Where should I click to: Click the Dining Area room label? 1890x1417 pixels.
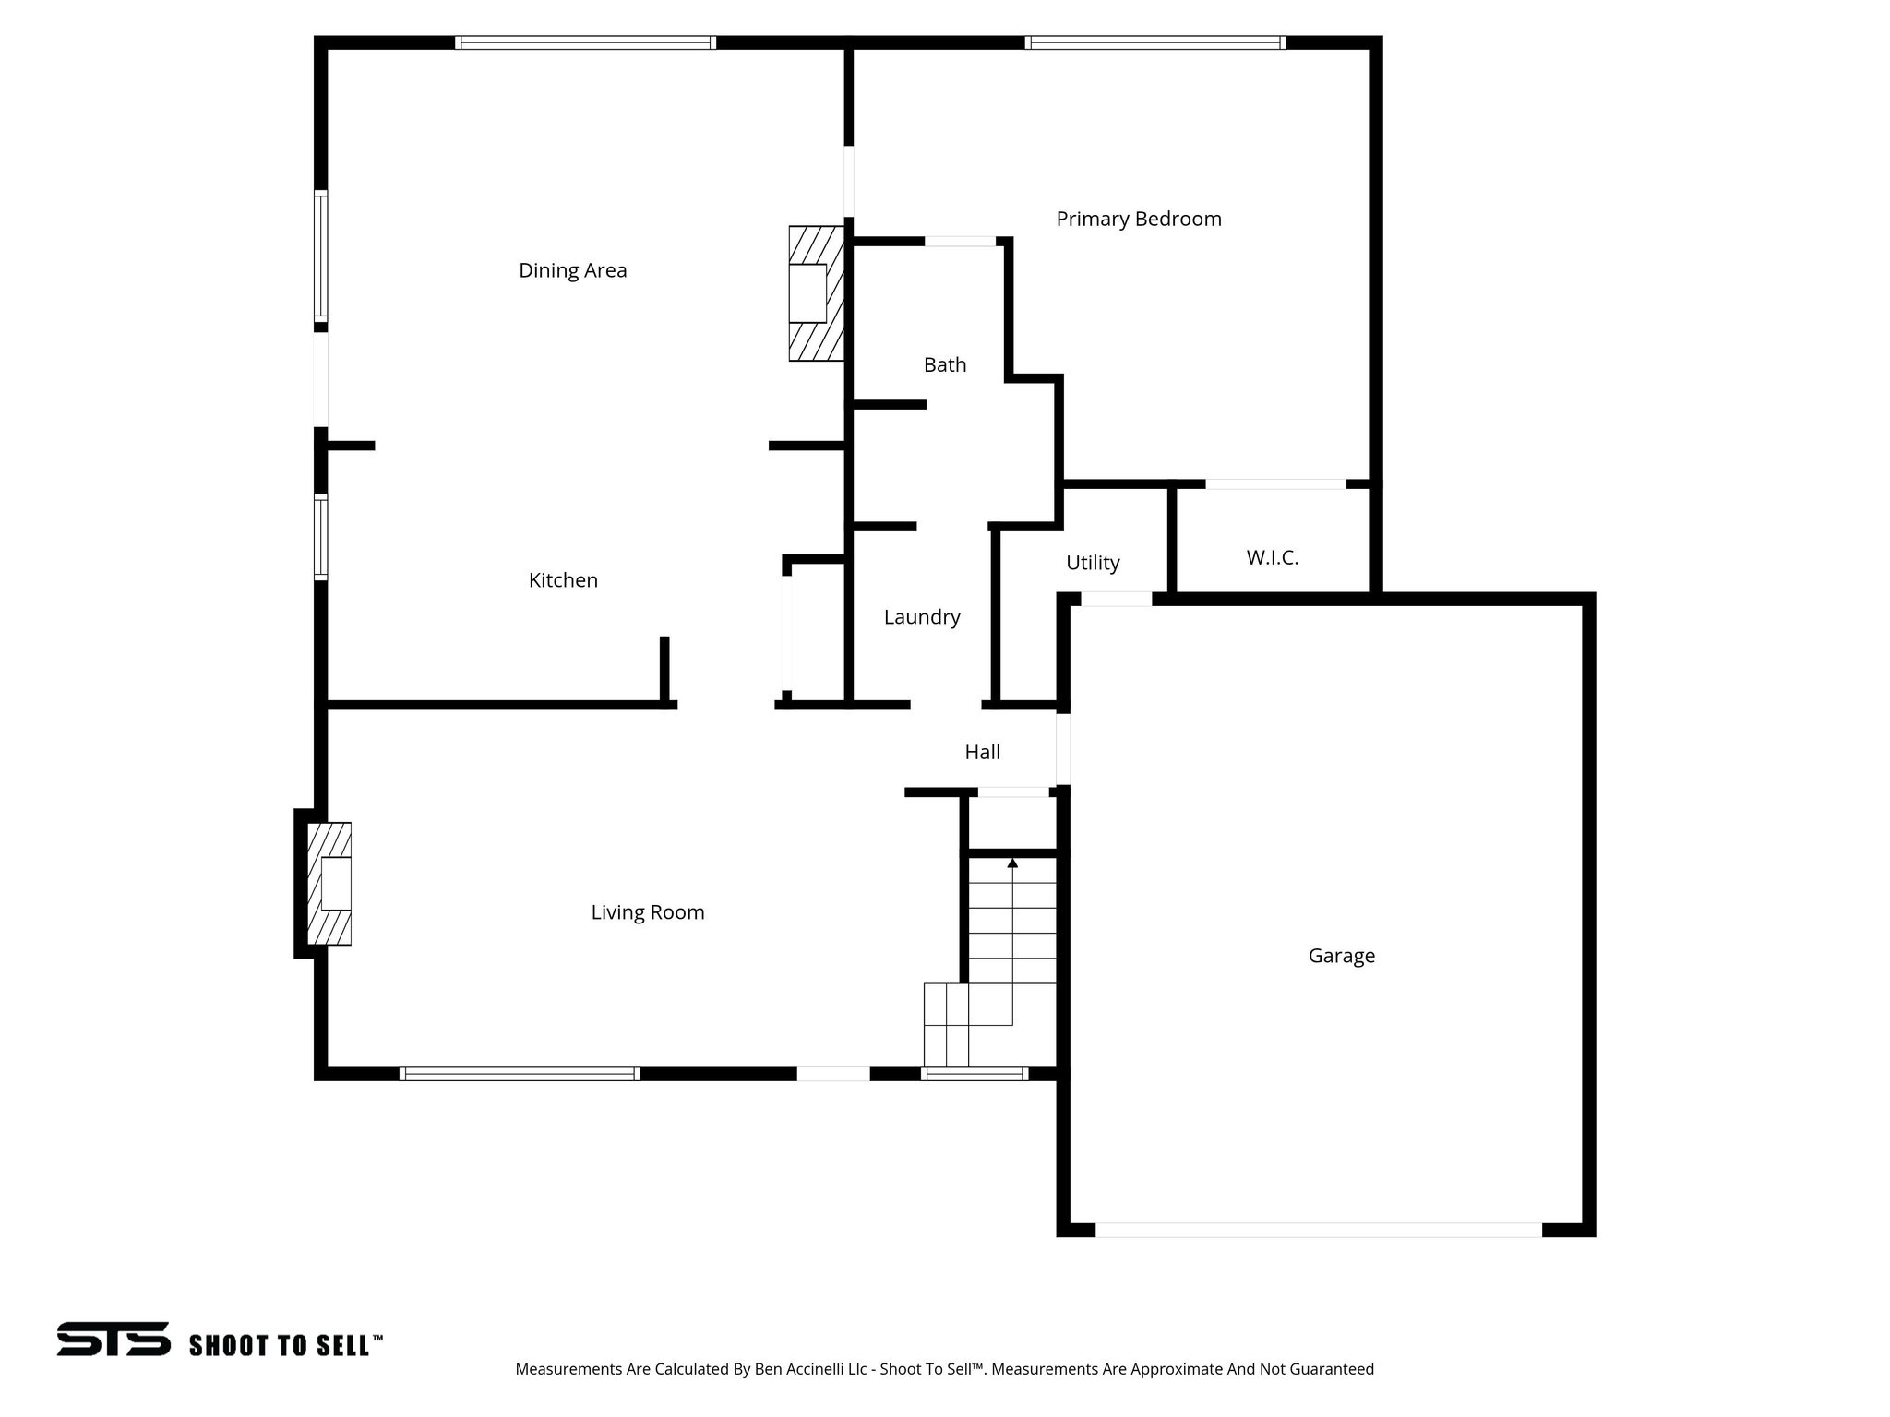(x=572, y=270)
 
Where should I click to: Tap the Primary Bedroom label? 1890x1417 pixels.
(x=1138, y=219)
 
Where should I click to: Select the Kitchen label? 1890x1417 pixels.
(x=563, y=580)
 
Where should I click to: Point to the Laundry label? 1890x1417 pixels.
(x=922, y=617)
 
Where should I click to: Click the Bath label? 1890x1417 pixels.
(x=945, y=364)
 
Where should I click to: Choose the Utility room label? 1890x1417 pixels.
(x=1093, y=563)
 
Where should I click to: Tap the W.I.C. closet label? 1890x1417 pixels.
(x=1272, y=557)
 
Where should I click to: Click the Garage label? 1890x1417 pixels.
(x=1341, y=956)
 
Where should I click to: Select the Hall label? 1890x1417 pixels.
(x=982, y=752)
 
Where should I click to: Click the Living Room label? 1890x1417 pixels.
(x=647, y=912)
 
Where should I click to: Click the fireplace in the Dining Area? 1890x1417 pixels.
(x=816, y=293)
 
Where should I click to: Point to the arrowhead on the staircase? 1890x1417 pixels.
(x=1012, y=863)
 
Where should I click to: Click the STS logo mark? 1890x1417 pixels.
(x=114, y=1339)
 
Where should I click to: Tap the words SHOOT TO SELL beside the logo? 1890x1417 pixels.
(x=285, y=1345)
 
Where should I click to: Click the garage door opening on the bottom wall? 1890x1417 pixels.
(x=1318, y=1230)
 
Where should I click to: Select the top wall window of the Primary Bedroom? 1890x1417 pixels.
(x=1155, y=42)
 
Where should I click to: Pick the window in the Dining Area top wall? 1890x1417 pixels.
(x=585, y=42)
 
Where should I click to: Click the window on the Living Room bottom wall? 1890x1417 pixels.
(x=520, y=1074)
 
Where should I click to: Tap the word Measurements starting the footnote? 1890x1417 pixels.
(x=568, y=1369)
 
